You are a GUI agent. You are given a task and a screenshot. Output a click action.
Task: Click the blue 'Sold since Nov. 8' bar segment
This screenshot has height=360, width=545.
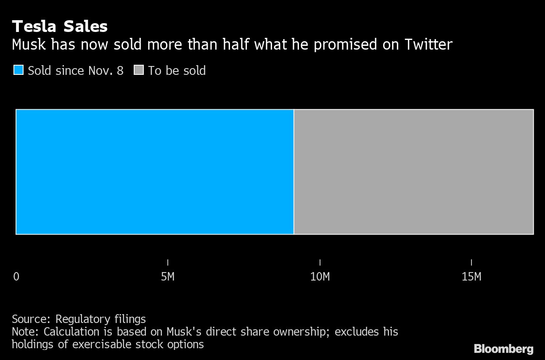tap(155, 172)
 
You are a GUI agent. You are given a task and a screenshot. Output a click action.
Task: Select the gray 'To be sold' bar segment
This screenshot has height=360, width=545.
tap(414, 172)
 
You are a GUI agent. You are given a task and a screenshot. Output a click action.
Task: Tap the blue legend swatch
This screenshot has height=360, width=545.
tap(19, 70)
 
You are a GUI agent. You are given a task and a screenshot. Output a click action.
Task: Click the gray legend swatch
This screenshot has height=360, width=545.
tap(139, 70)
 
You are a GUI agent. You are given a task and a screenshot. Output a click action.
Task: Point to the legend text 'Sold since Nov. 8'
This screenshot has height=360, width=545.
tap(76, 70)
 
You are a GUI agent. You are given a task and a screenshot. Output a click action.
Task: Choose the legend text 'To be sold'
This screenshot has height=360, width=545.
tap(177, 70)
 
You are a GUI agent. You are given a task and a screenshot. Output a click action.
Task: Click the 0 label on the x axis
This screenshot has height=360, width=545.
tap(16, 277)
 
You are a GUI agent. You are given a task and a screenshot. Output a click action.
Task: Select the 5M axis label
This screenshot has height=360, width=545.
tap(168, 277)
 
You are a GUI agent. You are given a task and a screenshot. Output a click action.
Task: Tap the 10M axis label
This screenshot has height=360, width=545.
tap(320, 277)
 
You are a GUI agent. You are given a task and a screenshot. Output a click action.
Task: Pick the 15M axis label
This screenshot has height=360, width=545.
tap(471, 277)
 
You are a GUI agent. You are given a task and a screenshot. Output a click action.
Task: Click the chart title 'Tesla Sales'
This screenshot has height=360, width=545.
tap(60, 26)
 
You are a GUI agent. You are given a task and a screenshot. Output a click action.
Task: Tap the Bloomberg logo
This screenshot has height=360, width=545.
tap(503, 349)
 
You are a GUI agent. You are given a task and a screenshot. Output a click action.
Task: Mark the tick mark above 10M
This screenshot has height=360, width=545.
tap(320, 262)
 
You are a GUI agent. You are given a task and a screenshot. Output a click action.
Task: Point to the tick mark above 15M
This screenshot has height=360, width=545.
tap(471, 262)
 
